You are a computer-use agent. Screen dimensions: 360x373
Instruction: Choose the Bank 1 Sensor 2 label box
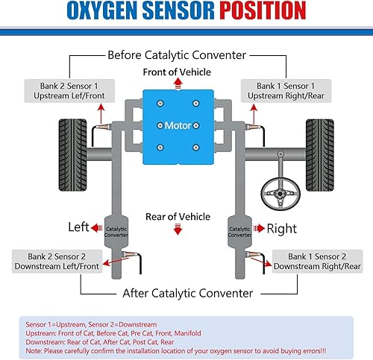[316, 260]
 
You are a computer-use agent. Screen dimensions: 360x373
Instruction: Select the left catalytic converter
[116, 231]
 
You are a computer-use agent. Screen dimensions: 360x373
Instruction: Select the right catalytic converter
[239, 231]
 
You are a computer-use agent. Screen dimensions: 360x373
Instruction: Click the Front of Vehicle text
[177, 72]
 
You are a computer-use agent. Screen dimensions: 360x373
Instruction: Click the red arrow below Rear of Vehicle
[178, 231]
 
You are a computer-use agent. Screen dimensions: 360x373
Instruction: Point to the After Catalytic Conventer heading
[186, 293]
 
